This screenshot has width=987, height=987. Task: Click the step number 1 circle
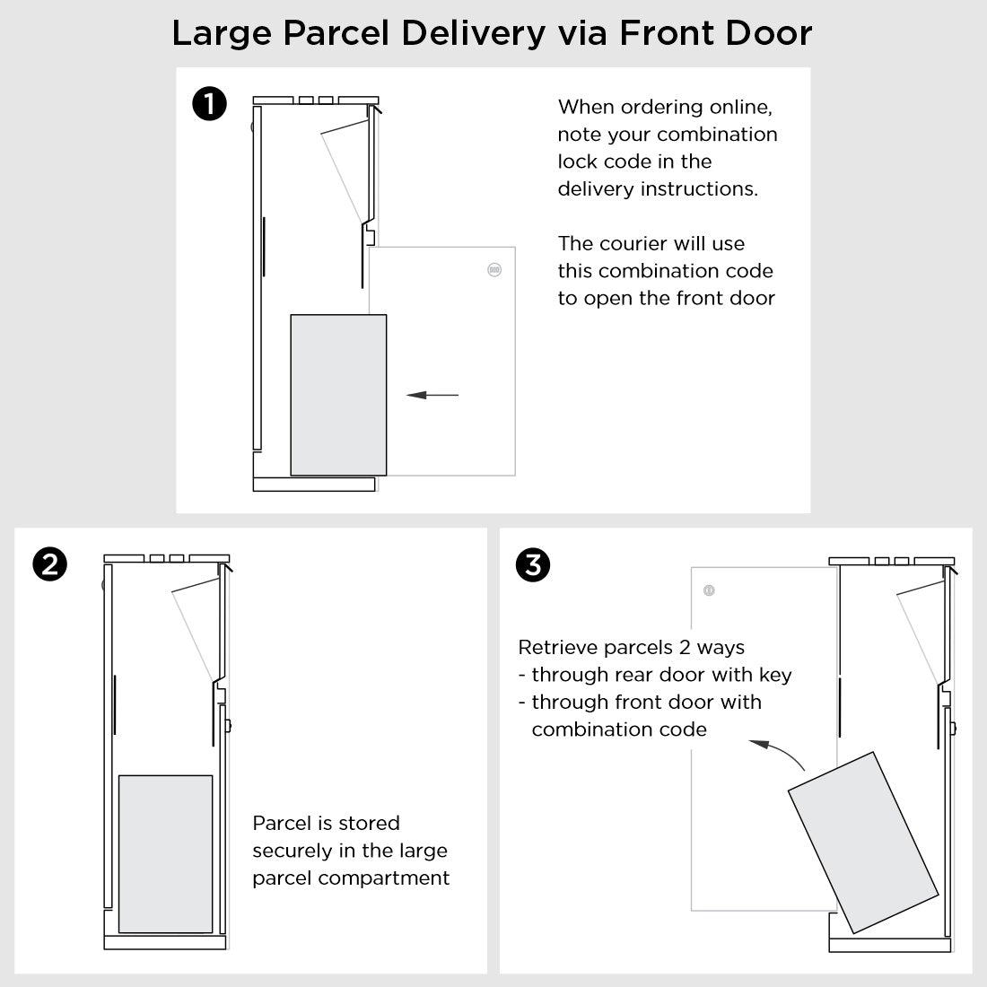(209, 105)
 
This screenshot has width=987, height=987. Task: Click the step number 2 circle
(48, 564)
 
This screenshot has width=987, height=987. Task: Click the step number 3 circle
(534, 564)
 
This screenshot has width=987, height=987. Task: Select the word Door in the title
(770, 34)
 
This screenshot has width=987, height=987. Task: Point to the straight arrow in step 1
(432, 395)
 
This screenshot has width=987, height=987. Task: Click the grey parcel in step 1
(338, 395)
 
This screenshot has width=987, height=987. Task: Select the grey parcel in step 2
(166, 853)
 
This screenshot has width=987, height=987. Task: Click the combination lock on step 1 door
(493, 269)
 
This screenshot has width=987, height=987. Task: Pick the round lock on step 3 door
(709, 590)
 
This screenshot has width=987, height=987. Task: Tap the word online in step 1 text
(739, 107)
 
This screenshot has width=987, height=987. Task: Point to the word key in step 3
(775, 675)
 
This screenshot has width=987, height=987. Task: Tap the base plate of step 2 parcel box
(163, 942)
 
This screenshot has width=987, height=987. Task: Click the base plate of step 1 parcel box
(314, 485)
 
